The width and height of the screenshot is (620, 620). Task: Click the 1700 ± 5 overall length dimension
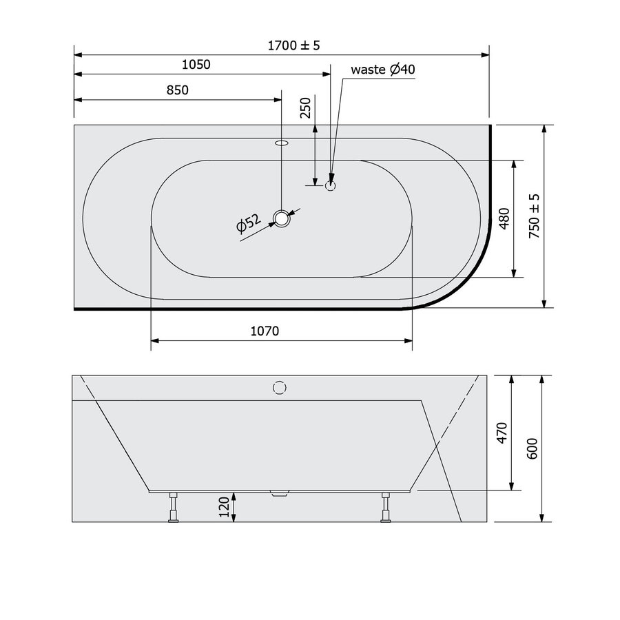(294, 45)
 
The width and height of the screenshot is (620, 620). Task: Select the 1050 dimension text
(196, 65)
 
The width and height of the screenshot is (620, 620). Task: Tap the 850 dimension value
(177, 90)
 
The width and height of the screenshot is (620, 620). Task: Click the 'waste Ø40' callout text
(383, 70)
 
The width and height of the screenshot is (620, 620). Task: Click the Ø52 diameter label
(247, 225)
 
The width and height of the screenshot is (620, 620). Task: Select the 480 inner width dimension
(504, 218)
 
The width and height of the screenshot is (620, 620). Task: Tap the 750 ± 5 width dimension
(534, 216)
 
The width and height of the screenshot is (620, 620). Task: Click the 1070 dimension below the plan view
(264, 331)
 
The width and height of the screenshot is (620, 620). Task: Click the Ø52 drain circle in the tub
(282, 218)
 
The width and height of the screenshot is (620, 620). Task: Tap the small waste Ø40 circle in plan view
(331, 185)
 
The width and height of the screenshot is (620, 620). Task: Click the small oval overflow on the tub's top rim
(282, 143)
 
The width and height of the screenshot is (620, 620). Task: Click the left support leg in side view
(174, 508)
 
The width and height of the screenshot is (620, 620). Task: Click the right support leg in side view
(385, 508)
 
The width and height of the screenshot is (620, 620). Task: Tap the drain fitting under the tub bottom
(278, 493)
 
